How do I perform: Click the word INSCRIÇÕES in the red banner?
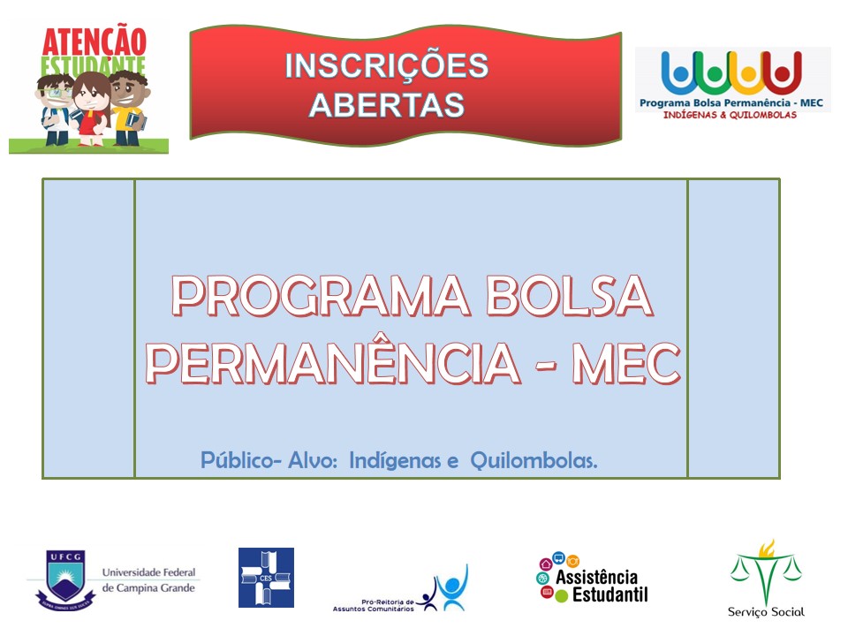pos(387,66)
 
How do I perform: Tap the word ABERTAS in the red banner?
pos(387,104)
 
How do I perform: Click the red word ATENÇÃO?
pos(95,41)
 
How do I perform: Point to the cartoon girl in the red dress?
pos(91,109)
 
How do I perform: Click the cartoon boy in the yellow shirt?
pos(129,108)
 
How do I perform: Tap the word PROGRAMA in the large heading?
pos(321,296)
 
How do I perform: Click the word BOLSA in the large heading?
pos(570,296)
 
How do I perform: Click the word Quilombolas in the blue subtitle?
pos(534,461)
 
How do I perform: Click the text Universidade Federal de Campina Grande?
pos(148,579)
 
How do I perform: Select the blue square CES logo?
pos(266,578)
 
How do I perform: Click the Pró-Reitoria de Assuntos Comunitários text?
pos(373,605)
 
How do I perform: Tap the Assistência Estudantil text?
pos(602,586)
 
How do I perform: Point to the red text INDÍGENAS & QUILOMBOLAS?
pos(730,115)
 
